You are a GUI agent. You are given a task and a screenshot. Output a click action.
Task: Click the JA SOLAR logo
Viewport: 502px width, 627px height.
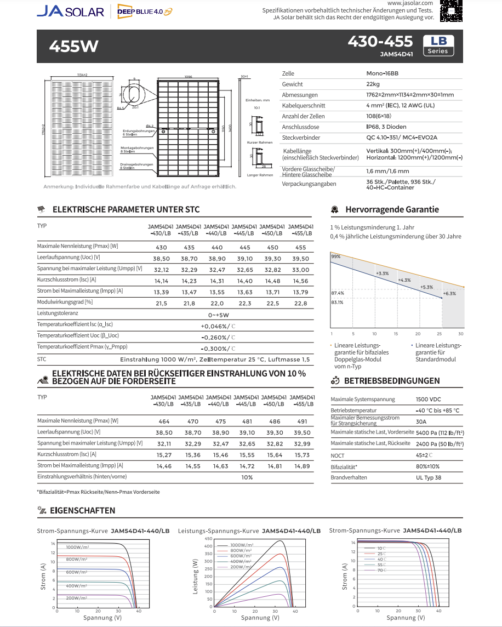tap(70, 11)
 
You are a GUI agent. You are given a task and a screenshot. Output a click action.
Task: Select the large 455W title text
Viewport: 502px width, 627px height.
tap(74, 46)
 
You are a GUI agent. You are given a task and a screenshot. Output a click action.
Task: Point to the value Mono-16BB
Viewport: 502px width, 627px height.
tap(382, 73)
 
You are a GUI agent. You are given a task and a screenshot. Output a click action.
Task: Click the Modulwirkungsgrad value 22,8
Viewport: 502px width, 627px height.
tap(301, 303)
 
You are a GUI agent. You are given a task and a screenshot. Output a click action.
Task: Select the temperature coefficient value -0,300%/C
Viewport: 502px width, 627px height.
tap(218, 349)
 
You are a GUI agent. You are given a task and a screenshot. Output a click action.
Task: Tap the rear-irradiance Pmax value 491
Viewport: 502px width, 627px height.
tap(303, 421)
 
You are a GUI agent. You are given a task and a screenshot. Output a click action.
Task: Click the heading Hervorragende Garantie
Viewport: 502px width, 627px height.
tap(392, 209)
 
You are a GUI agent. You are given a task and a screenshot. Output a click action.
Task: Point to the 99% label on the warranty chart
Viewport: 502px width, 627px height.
tap(335, 256)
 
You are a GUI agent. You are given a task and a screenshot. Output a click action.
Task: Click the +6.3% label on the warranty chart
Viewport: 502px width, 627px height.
tap(449, 293)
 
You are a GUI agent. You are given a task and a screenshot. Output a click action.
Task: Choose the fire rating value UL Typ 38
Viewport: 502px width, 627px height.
tap(429, 477)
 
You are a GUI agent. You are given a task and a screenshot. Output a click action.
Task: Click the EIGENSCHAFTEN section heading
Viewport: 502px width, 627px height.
tap(82, 510)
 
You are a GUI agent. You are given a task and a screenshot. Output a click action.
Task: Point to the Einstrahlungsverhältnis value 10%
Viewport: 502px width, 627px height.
tap(247, 477)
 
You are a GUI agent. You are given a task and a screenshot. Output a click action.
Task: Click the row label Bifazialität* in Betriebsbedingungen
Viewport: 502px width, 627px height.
tap(344, 466)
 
